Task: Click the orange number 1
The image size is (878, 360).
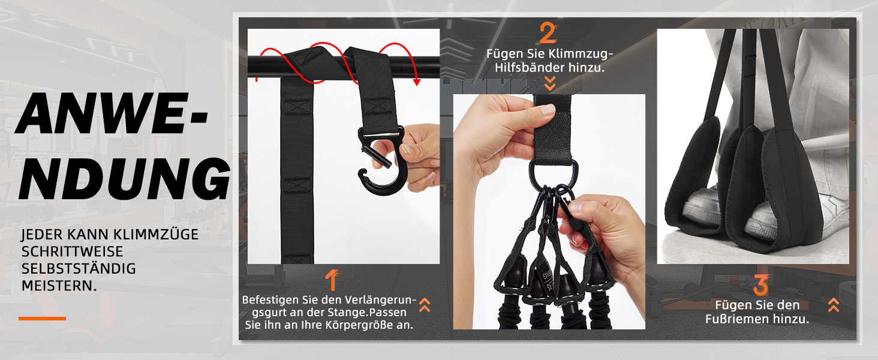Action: pos(332,280)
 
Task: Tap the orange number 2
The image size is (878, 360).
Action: pos(548,32)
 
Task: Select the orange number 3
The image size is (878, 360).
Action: pos(761,285)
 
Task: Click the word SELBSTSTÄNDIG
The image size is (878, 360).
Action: pos(79,269)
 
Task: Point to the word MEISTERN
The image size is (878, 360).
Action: pos(59,286)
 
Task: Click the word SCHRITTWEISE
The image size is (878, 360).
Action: pos(72,251)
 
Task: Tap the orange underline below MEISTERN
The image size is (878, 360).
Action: pos(43,319)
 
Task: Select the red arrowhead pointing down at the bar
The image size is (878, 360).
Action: pos(417,82)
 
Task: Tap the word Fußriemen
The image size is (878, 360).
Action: pos(736,319)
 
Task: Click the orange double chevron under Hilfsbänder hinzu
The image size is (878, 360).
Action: pos(550,83)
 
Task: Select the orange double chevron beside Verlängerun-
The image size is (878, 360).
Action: pos(425,305)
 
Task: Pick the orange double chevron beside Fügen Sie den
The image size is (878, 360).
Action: pos(834,305)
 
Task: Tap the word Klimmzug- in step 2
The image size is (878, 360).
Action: pos(581,54)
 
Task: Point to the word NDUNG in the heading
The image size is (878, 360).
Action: pos(125,179)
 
